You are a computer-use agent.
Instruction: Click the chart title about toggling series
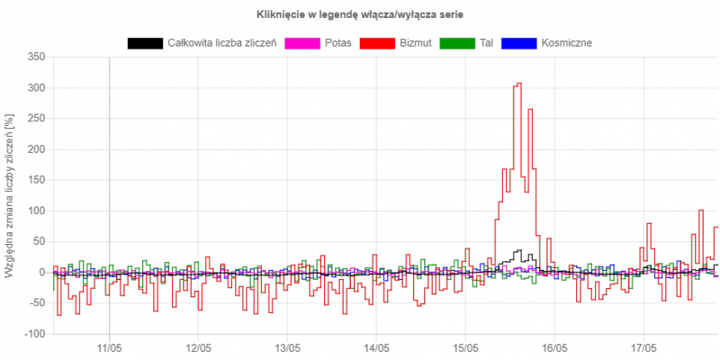(x=360, y=15)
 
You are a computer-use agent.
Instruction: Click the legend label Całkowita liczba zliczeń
(x=223, y=43)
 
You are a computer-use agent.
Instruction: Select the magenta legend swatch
(x=302, y=43)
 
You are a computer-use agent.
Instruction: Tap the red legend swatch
(x=376, y=43)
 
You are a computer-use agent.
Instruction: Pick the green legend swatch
(x=457, y=43)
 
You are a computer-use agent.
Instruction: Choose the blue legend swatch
(x=518, y=43)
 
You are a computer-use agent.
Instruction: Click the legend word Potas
(x=338, y=43)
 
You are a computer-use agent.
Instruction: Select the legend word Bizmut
(x=415, y=43)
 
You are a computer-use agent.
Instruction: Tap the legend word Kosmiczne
(x=567, y=43)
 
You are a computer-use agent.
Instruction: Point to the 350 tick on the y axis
(x=36, y=57)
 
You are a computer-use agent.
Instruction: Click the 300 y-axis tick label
(x=36, y=87)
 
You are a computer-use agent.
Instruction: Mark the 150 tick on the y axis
(x=36, y=149)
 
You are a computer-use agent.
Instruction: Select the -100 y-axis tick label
(x=34, y=334)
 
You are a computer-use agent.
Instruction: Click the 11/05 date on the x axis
(x=110, y=347)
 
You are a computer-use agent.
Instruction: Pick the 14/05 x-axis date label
(x=376, y=347)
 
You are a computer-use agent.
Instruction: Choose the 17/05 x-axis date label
(x=643, y=347)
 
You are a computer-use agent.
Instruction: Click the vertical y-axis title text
(x=10, y=195)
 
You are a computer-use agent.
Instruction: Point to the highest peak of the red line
(x=518, y=84)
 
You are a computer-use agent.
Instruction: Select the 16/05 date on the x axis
(x=554, y=347)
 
